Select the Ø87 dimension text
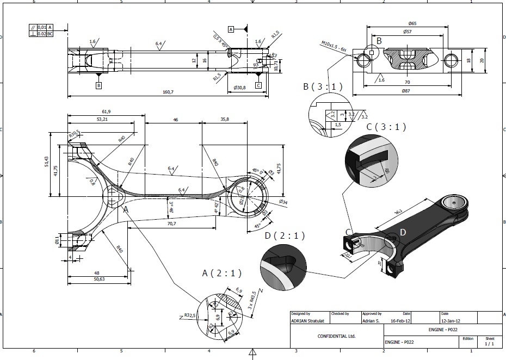point(406,91)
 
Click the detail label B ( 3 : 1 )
point(323,86)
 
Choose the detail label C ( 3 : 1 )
point(386,127)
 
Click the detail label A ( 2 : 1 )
point(223,272)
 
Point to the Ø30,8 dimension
point(240,88)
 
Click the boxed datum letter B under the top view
point(98,85)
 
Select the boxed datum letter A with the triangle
point(231,29)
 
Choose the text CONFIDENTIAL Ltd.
point(336,336)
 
